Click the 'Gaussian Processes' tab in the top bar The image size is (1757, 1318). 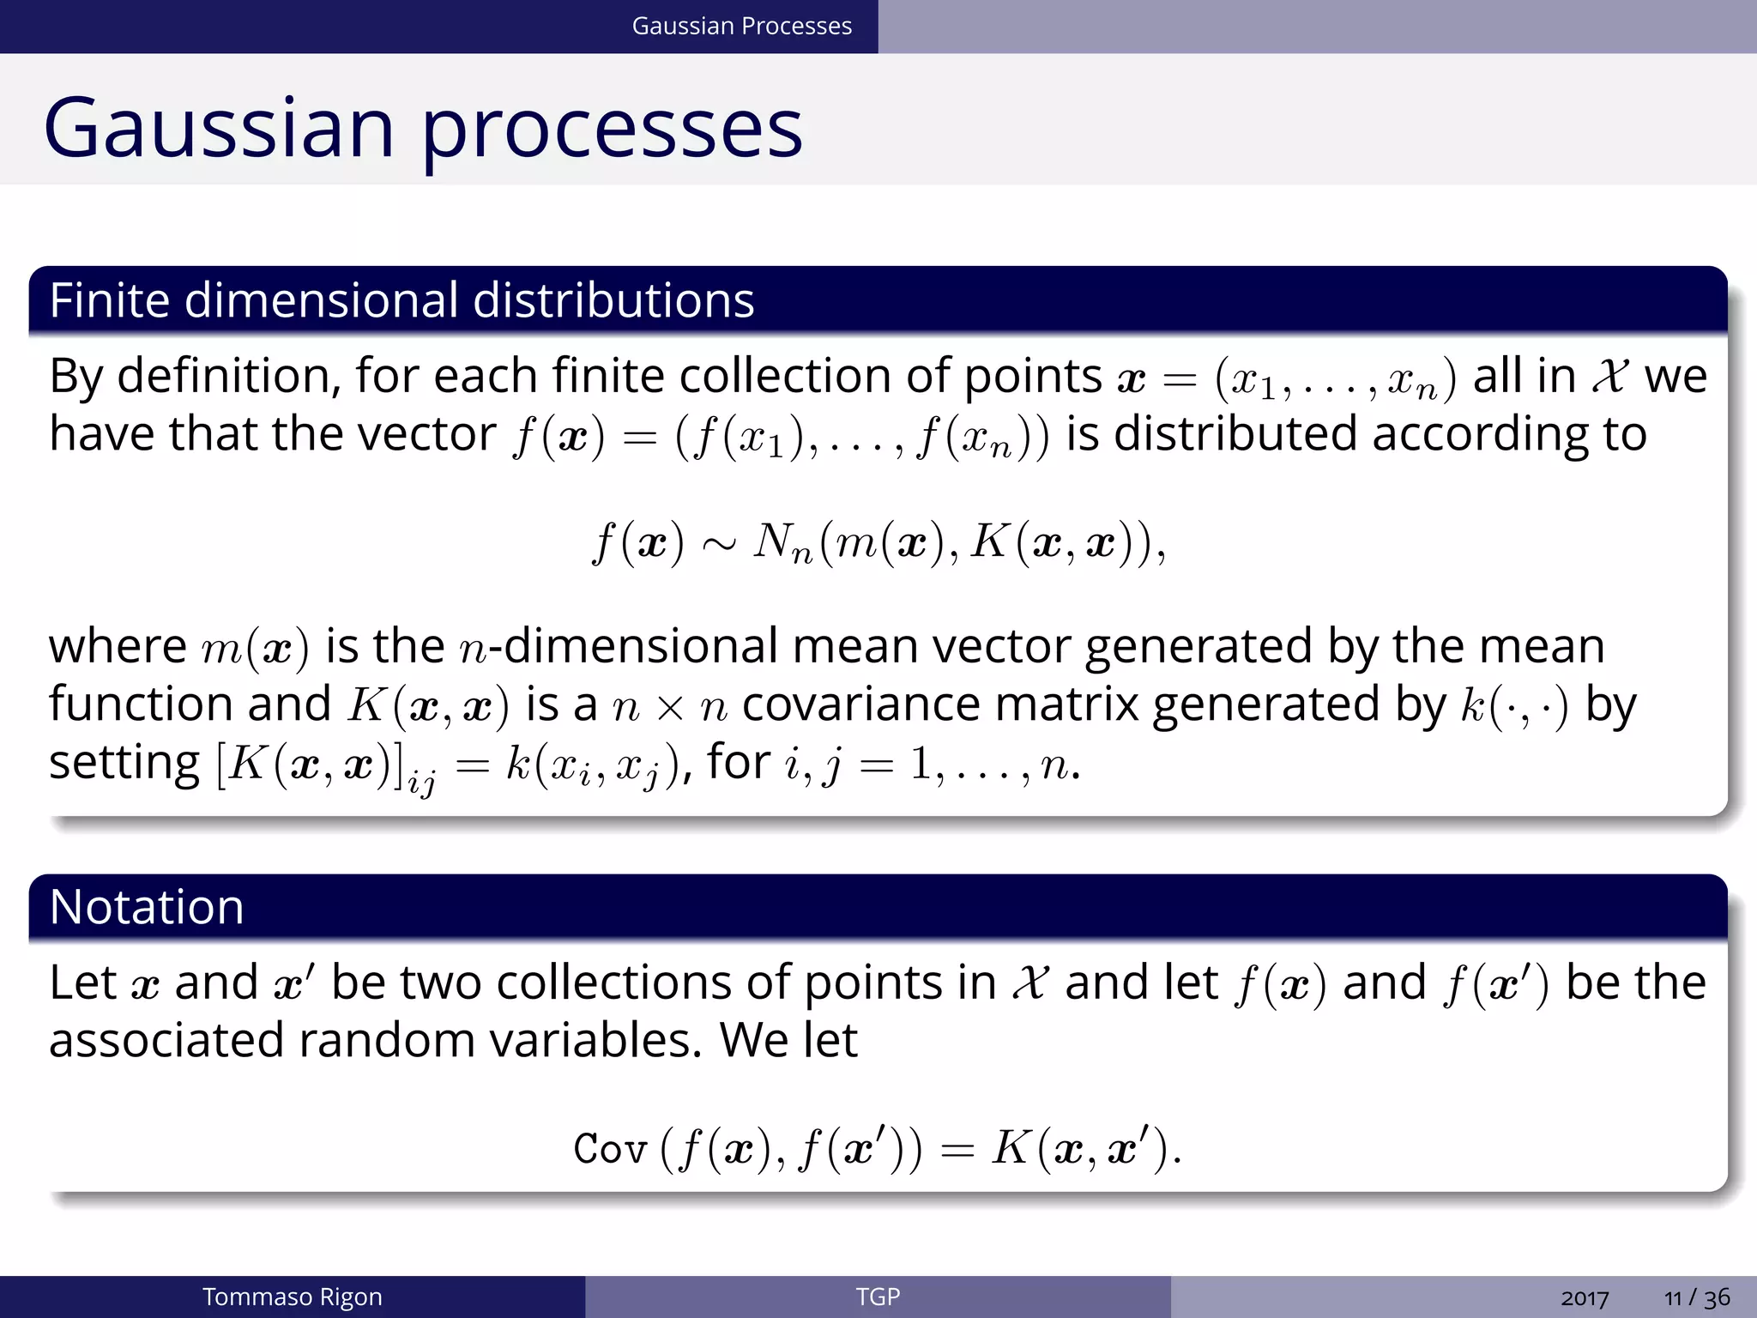[x=741, y=27]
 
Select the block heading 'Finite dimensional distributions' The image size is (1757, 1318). [x=402, y=300]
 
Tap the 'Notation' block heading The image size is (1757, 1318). [x=147, y=907]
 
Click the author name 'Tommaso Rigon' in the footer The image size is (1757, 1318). [x=292, y=1297]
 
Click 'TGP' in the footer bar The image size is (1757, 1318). [x=878, y=1297]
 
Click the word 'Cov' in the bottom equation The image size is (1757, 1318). [x=609, y=1149]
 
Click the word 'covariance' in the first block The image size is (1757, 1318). [x=860, y=704]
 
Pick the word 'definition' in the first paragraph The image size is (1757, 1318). [x=229, y=376]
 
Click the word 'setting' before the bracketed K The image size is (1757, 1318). [x=124, y=763]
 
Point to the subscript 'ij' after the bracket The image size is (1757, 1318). [x=421, y=783]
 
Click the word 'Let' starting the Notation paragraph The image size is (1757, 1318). [x=82, y=982]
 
